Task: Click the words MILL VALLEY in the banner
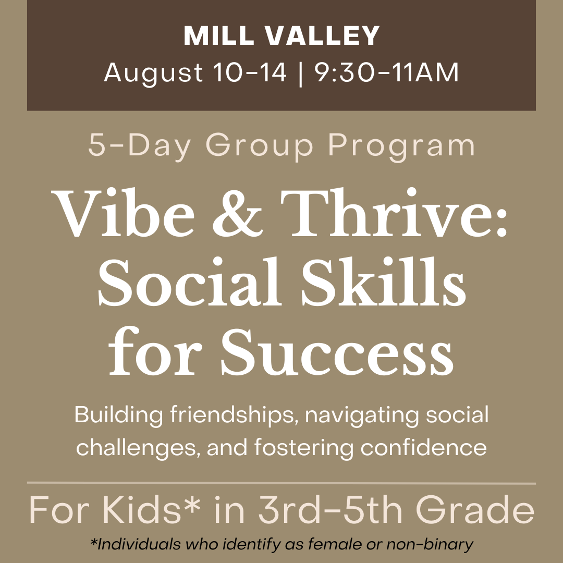[281, 36]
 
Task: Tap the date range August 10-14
[195, 72]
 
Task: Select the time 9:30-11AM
[387, 72]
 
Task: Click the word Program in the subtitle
[401, 146]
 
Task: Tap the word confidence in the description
[424, 447]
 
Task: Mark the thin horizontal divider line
[281, 483]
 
